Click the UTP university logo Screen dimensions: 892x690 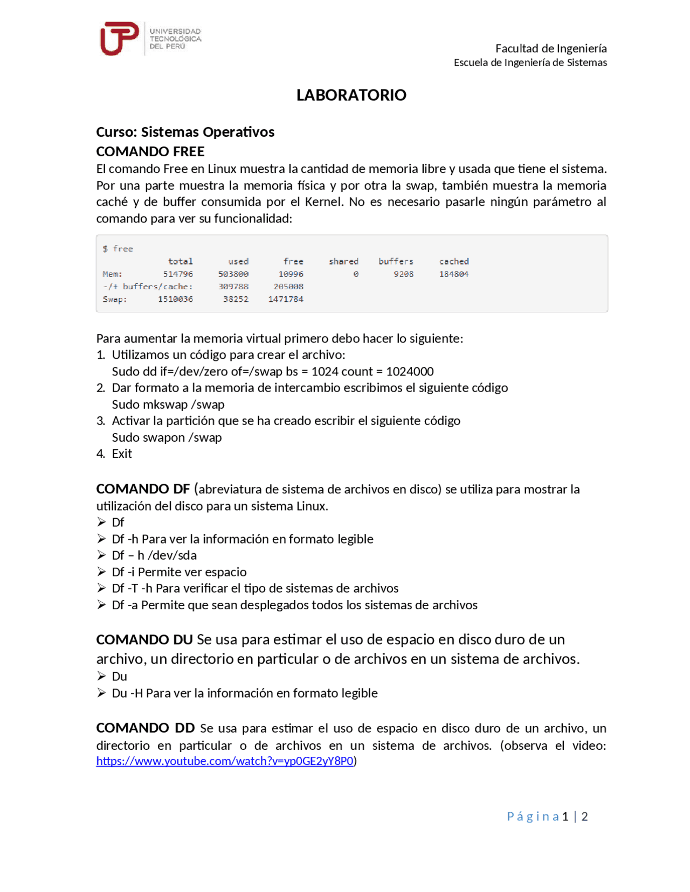point(120,39)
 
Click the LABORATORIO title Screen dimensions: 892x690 point(351,95)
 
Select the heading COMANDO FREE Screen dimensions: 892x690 point(150,151)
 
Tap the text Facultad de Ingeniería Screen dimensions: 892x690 point(551,48)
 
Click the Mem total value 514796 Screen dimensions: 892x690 point(178,274)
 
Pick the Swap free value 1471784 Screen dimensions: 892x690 point(286,299)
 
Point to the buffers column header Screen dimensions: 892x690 point(396,261)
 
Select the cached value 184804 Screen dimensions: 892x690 point(454,274)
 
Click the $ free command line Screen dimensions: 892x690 point(118,249)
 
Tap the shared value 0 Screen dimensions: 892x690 point(356,274)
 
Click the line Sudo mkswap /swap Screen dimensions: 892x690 point(168,405)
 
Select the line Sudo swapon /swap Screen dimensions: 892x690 point(167,437)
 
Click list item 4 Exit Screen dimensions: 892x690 point(122,454)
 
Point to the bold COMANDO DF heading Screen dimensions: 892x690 point(143,489)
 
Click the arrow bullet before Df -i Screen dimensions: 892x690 point(101,572)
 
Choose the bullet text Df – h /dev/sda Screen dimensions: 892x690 point(154,555)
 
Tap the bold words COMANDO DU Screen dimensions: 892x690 point(144,640)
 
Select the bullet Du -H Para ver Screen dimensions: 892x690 point(245,693)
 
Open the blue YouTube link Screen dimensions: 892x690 point(225,761)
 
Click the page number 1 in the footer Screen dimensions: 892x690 point(565,817)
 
